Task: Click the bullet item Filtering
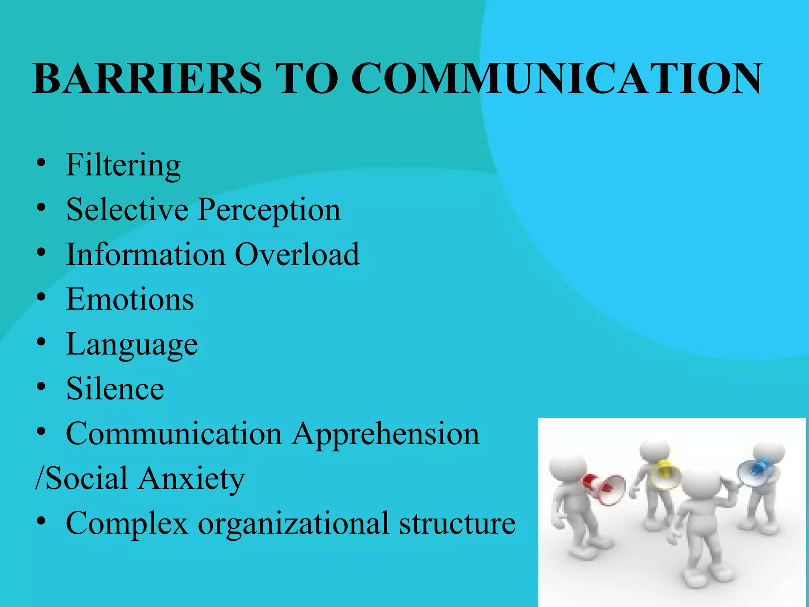pos(123,165)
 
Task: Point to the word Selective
pos(127,209)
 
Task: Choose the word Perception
pos(269,210)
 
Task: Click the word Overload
pos(297,254)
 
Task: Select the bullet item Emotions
pos(130,300)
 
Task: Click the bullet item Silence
pos(115,389)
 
